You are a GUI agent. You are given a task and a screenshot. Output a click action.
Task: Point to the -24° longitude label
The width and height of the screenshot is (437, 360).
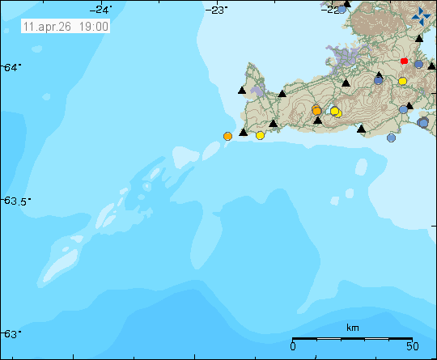pos(103,9)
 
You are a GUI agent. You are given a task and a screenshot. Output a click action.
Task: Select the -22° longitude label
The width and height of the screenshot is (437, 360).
pos(332,9)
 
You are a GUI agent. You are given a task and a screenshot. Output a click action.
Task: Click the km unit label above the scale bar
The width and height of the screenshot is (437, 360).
pos(352,328)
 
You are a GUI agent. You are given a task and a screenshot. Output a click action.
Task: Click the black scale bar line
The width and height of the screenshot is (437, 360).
pos(352,338)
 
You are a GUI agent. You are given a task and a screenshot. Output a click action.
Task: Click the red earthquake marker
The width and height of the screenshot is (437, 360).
pos(404,61)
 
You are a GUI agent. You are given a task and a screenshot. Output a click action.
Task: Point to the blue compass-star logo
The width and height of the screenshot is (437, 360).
pos(422,16)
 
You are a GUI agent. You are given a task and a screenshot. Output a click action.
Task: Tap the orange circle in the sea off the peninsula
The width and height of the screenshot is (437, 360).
pos(227,136)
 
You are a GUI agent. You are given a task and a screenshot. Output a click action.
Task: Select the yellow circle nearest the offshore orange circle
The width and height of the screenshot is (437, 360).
pos(260,135)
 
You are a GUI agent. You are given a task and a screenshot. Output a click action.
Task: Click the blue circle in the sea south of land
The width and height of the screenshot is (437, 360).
pos(392,138)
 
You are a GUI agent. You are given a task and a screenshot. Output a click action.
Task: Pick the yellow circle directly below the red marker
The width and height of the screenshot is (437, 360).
pos(402,81)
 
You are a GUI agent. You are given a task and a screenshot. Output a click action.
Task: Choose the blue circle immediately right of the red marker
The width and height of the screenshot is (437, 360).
pos(418,65)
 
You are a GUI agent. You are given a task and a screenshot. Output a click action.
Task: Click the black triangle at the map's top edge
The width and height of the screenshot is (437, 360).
pos(346,4)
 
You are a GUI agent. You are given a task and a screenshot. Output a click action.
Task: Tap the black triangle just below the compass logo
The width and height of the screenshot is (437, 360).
pos(419,39)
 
